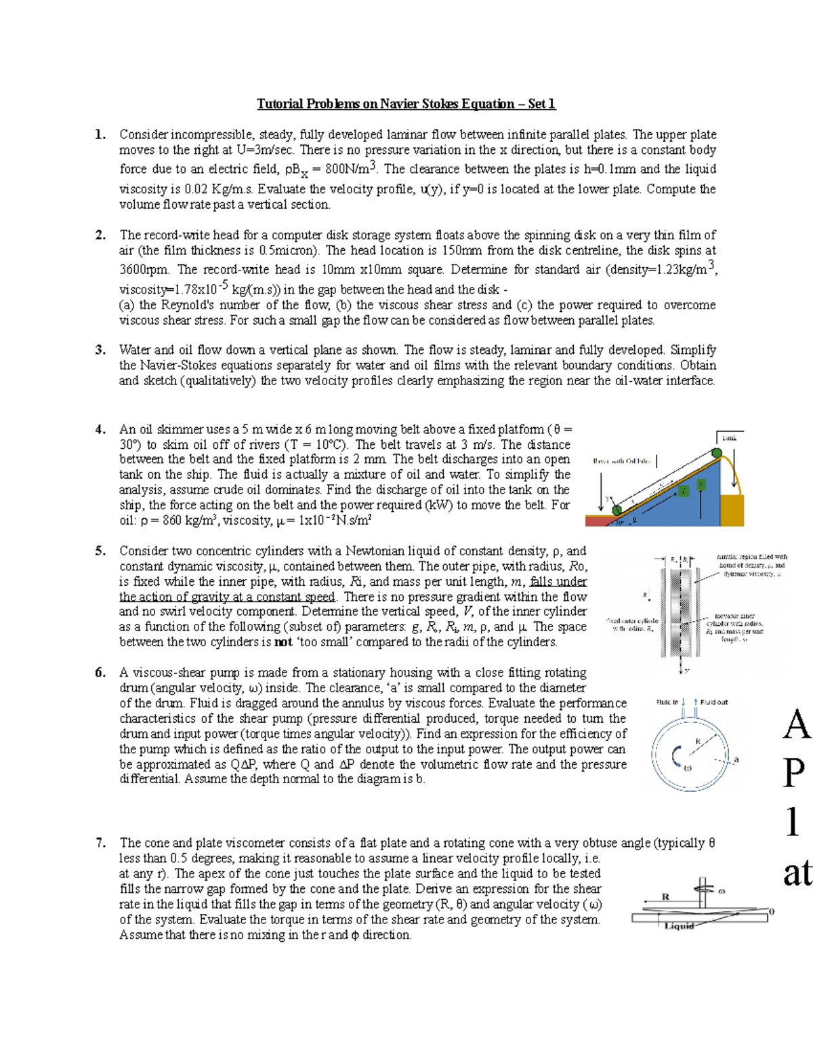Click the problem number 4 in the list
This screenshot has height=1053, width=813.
point(100,429)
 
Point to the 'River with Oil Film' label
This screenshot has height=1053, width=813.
point(621,461)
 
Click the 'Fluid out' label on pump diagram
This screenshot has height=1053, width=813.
point(714,702)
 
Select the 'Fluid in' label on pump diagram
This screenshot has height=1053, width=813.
point(669,702)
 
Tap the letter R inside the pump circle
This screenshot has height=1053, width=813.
point(698,740)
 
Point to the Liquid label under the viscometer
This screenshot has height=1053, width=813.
point(680,927)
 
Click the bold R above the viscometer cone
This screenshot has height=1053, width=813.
point(665,897)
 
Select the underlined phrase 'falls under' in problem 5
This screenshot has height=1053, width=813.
point(559,582)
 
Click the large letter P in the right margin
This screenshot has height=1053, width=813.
point(796,774)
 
